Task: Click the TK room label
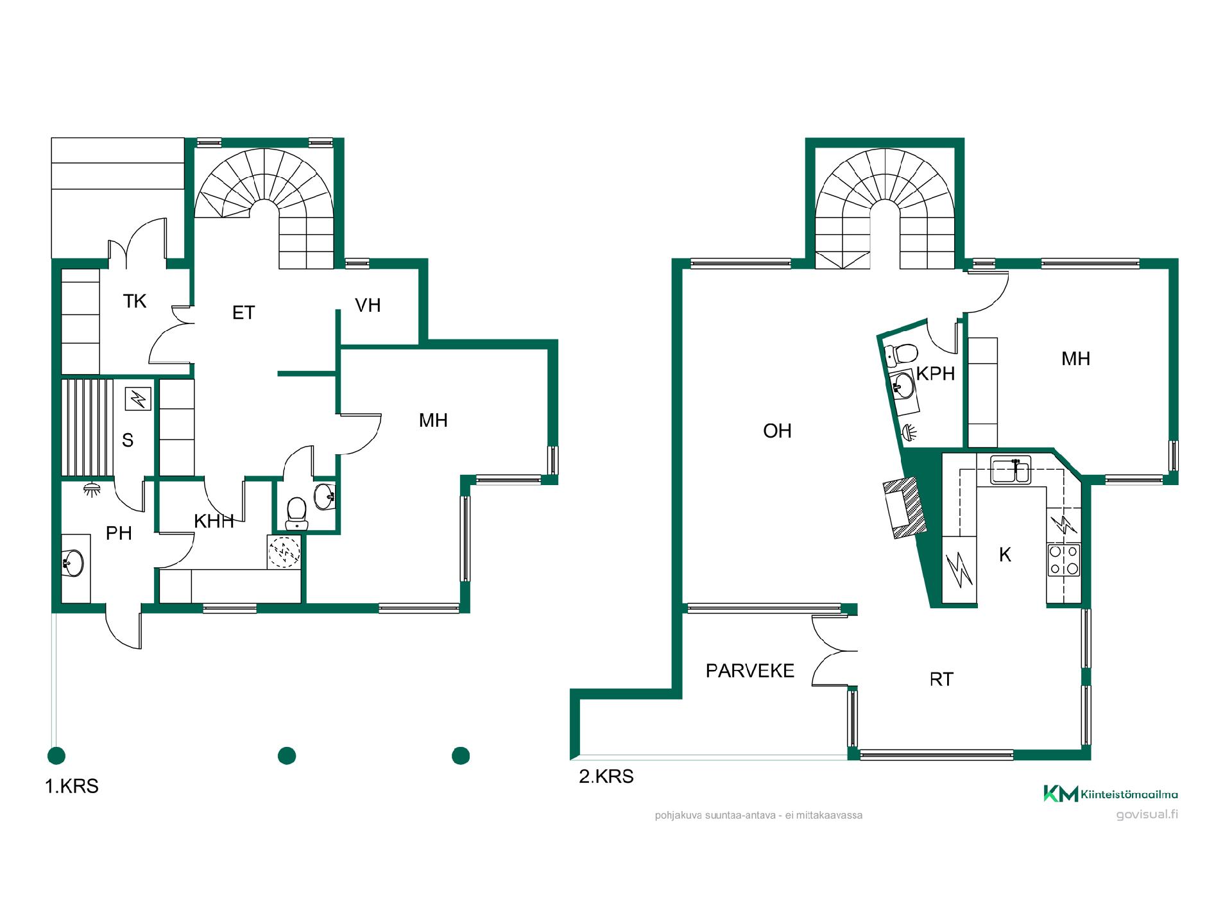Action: [x=135, y=301]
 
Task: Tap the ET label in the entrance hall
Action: [x=243, y=312]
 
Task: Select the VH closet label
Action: [x=368, y=305]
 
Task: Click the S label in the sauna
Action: [x=128, y=440]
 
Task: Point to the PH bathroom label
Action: [x=119, y=533]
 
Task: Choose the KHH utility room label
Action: [x=214, y=521]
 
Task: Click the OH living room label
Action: [x=777, y=431]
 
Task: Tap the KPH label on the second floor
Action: [x=936, y=373]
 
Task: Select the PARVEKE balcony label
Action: [x=750, y=671]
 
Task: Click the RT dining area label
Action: [x=941, y=679]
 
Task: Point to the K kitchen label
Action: [x=1005, y=554]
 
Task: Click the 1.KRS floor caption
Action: [x=72, y=786]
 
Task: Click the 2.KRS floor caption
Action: [x=606, y=776]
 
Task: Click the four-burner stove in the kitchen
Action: [x=1064, y=560]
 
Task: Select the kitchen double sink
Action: [x=1010, y=469]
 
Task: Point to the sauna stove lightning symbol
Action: [x=138, y=400]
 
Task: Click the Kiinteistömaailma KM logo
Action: [x=1110, y=794]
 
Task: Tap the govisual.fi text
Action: [x=1147, y=815]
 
